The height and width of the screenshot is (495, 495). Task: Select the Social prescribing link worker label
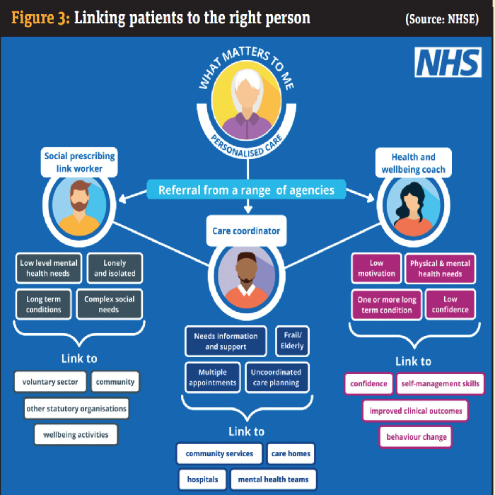[79, 163]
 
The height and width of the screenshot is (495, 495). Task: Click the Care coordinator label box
[247, 231]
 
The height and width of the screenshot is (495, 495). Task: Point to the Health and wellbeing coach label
[414, 163]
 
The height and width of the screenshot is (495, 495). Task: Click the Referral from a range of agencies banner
[247, 190]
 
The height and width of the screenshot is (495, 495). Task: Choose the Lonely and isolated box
[114, 269]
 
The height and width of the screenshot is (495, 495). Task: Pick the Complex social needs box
[109, 304]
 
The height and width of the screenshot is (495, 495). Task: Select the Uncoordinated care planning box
[276, 377]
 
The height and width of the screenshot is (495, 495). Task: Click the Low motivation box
[376, 269]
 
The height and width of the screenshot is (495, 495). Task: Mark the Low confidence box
[450, 304]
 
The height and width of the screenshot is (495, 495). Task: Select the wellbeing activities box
[75, 433]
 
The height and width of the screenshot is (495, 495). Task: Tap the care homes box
[291, 453]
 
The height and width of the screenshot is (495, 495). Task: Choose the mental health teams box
[273, 479]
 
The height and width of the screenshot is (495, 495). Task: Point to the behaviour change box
[416, 437]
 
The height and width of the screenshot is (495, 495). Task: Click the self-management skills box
[440, 384]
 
